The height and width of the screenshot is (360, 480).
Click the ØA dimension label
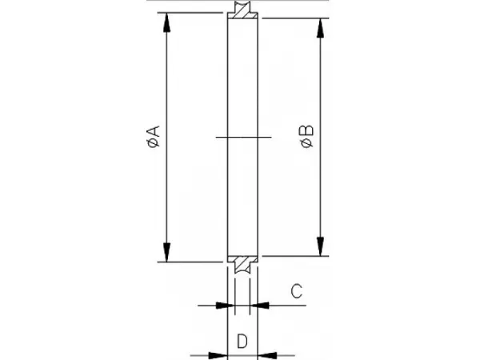tap(154, 136)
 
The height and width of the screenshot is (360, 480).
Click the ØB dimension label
tap(307, 136)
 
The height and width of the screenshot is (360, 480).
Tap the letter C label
tap(296, 291)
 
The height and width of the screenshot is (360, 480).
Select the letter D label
tap(242, 342)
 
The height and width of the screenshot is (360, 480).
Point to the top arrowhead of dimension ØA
tap(166, 22)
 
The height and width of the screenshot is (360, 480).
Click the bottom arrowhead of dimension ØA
tap(166, 253)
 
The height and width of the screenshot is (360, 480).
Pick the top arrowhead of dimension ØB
tap(320, 28)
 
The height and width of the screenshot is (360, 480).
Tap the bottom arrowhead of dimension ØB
tap(320, 246)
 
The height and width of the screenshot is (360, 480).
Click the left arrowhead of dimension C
tap(225, 306)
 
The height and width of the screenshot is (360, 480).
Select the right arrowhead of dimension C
tap(259, 306)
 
